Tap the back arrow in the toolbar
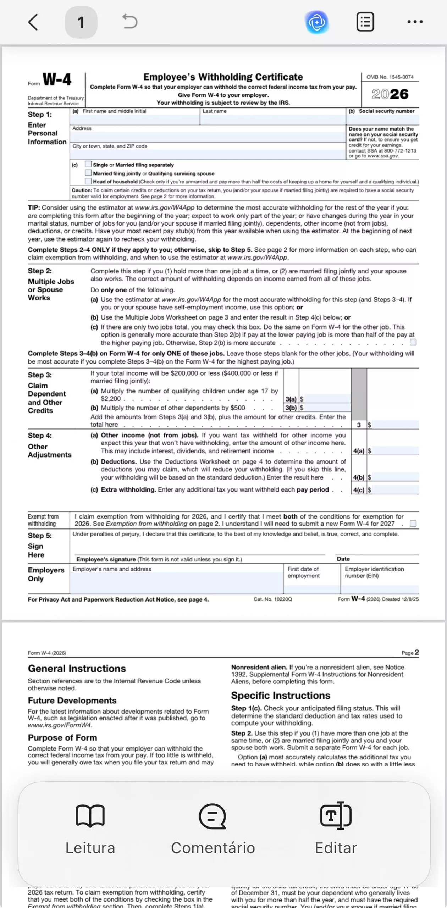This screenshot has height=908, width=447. [33, 22]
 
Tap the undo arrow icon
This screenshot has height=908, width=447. [130, 22]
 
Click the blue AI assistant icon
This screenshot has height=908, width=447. [317, 22]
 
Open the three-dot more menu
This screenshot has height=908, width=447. [415, 22]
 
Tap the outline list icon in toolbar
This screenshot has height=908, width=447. [365, 22]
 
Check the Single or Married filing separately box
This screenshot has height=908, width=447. [88, 164]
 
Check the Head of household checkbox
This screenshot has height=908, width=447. [88, 181]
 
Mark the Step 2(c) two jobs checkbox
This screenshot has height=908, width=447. [413, 342]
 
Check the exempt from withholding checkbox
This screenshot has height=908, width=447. [413, 524]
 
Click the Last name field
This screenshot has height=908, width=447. [272, 119]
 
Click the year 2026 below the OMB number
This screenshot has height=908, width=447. [390, 94]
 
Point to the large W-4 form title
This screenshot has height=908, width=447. [57, 79]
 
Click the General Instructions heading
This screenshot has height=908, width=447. [77, 669]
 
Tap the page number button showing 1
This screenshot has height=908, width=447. [81, 22]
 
